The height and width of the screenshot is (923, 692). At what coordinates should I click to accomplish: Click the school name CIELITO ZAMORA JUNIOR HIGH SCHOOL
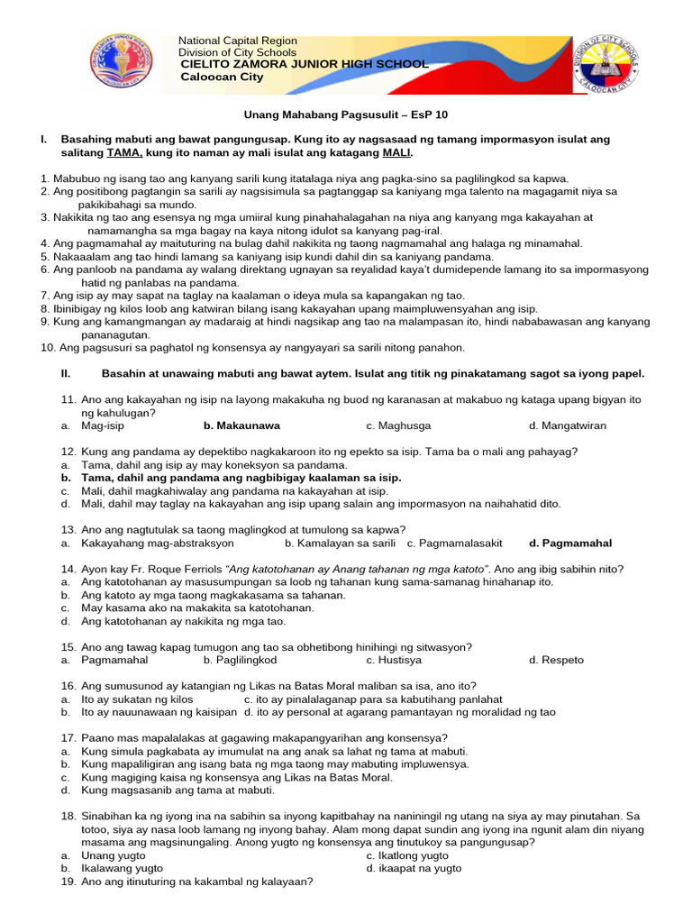pos(305,65)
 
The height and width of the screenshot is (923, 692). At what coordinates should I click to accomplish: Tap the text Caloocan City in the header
pos(222,78)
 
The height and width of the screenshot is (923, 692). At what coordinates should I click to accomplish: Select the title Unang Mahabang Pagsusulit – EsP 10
pos(346,115)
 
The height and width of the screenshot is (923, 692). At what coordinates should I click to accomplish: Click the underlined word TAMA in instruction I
pos(125,153)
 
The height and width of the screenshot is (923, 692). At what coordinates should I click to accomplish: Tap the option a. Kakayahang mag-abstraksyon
pos(149,544)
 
